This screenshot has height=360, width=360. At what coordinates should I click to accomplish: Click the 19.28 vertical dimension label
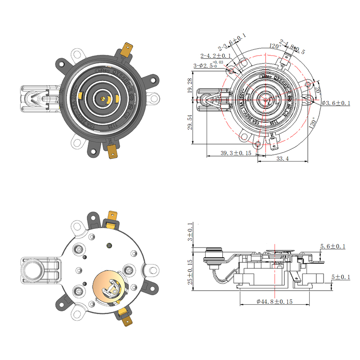tap(190, 86)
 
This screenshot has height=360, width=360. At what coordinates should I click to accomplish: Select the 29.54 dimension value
tap(190, 121)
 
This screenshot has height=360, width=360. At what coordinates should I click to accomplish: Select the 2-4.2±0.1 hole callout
tap(216, 56)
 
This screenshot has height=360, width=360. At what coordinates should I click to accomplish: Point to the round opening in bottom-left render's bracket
tap(35, 269)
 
